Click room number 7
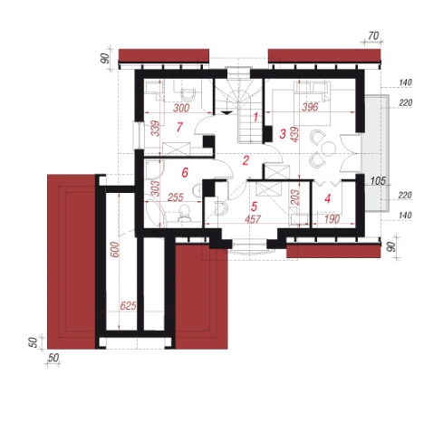click(179, 127)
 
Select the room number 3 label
click(283, 134)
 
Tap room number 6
click(185, 172)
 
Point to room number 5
click(254, 207)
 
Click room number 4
click(327, 198)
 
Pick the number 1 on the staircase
click(255, 117)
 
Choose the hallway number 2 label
click(246, 160)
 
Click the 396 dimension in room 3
click(310, 107)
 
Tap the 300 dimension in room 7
click(181, 108)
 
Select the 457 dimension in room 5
click(253, 219)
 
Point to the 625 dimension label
click(128, 306)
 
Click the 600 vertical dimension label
click(115, 249)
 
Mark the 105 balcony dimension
click(378, 181)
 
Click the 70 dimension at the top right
click(373, 36)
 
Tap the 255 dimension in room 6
click(176, 197)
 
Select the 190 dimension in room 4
click(332, 219)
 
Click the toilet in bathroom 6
click(184, 213)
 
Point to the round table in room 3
click(328, 149)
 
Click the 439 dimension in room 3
click(294, 134)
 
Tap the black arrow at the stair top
click(226, 113)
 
